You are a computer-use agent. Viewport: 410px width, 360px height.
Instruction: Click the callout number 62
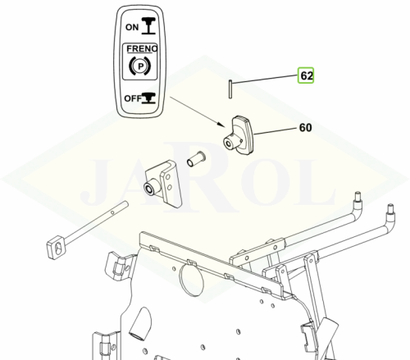click(307, 75)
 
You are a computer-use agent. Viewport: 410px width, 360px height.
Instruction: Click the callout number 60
click(306, 127)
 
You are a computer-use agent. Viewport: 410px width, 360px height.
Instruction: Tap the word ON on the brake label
click(132, 27)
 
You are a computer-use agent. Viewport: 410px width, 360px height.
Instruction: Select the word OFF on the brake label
click(133, 98)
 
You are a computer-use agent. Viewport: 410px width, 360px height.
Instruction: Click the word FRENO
click(142, 48)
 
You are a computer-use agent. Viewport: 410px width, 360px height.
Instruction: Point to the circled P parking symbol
click(140, 66)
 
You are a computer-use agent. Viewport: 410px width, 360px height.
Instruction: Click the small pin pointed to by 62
click(230, 89)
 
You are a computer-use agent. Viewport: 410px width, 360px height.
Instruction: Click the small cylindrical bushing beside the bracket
click(196, 159)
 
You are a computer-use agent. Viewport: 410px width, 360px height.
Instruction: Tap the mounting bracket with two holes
click(162, 184)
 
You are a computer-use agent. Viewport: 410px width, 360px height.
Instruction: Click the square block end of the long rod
click(57, 246)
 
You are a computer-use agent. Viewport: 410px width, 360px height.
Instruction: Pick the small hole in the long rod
click(112, 212)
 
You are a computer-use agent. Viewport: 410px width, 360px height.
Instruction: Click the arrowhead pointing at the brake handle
click(221, 124)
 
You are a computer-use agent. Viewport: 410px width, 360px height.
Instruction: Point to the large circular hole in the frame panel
click(191, 279)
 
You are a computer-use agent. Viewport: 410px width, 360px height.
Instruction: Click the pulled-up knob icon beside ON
click(148, 25)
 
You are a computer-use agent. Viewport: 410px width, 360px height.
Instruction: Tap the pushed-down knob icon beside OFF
click(148, 98)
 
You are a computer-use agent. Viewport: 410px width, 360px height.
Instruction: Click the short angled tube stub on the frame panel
click(140, 324)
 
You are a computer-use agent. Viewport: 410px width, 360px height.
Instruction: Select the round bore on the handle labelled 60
click(228, 143)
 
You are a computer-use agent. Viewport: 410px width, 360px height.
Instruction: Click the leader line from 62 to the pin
click(265, 79)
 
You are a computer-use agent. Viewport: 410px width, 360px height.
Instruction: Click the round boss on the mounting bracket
click(150, 189)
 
